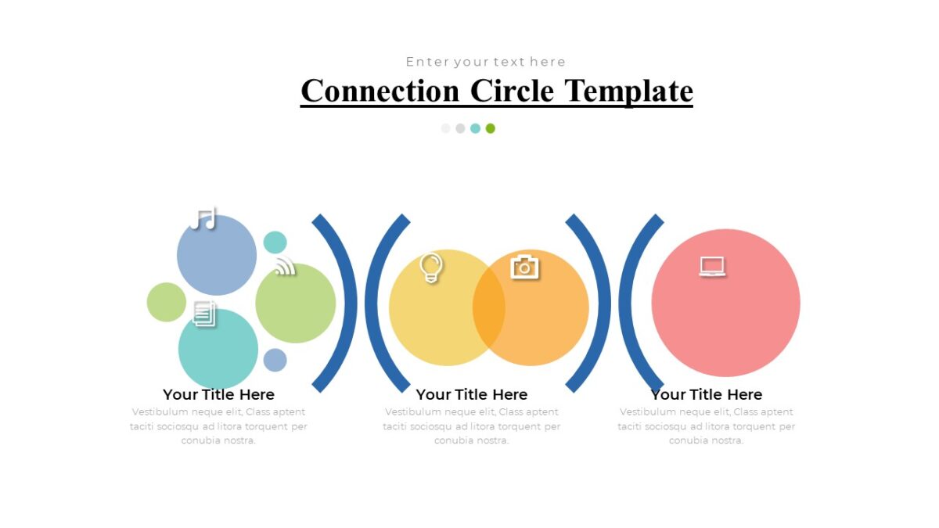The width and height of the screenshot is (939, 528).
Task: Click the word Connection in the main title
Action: point(380,91)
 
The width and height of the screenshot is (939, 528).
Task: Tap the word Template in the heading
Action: point(629,91)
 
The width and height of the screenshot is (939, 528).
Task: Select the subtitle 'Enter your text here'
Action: point(485,62)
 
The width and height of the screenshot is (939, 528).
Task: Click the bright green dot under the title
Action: point(491,128)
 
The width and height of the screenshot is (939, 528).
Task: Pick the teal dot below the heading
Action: point(475,128)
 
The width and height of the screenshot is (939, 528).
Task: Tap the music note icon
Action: point(203,218)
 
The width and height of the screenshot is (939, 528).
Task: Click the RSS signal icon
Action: point(286,268)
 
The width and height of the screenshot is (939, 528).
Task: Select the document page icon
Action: point(204,314)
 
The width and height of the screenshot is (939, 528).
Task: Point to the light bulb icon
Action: point(431,267)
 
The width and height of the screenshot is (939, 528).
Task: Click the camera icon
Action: point(524,267)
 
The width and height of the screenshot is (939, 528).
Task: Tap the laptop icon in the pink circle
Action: point(712,267)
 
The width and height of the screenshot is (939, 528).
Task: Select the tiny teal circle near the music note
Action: point(275,242)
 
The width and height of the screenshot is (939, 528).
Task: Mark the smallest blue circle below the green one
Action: point(275,360)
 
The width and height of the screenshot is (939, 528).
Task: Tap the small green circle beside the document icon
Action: point(165,302)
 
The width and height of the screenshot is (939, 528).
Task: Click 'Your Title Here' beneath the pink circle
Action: point(706,395)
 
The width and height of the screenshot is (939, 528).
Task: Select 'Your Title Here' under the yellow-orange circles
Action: point(471,395)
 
